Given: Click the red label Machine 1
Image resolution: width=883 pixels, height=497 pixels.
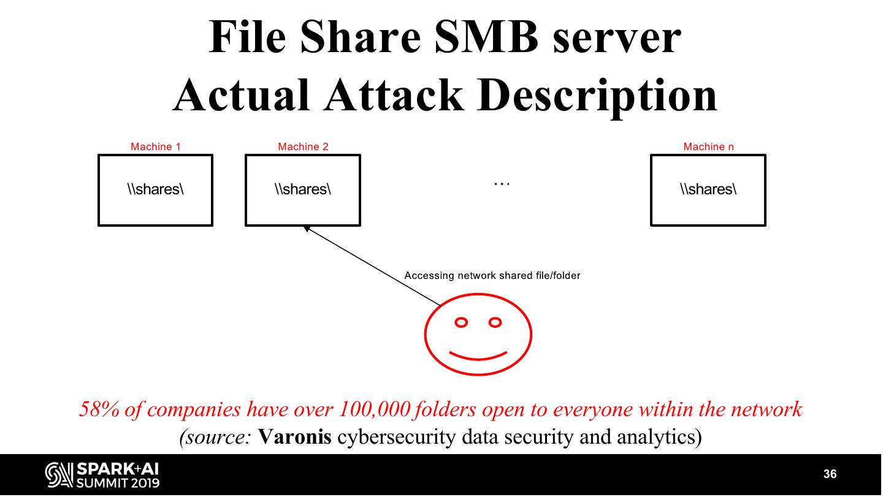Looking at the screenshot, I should click(x=155, y=146).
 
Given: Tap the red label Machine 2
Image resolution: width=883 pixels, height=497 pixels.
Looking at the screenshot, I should click(x=303, y=146).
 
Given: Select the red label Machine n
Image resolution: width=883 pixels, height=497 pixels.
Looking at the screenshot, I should click(x=708, y=146).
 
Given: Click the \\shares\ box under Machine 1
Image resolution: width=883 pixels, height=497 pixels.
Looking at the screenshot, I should click(x=155, y=190).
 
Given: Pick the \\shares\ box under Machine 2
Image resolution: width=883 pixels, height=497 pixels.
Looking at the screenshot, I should click(x=303, y=190).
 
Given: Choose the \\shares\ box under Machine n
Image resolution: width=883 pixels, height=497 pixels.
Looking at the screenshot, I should click(x=708, y=190).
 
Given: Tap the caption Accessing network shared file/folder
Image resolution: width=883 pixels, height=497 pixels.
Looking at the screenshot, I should click(x=492, y=276).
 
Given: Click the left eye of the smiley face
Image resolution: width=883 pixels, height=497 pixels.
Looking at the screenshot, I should click(x=461, y=322).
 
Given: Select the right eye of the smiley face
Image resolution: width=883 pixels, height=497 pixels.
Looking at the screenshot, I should click(x=495, y=322).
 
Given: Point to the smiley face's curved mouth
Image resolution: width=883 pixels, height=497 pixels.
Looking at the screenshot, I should click(x=478, y=355).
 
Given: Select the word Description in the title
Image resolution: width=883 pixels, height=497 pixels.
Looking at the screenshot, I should click(x=597, y=96).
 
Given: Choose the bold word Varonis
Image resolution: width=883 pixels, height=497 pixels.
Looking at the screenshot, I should click(x=295, y=437).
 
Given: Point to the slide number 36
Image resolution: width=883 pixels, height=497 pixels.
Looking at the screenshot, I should click(x=830, y=474).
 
